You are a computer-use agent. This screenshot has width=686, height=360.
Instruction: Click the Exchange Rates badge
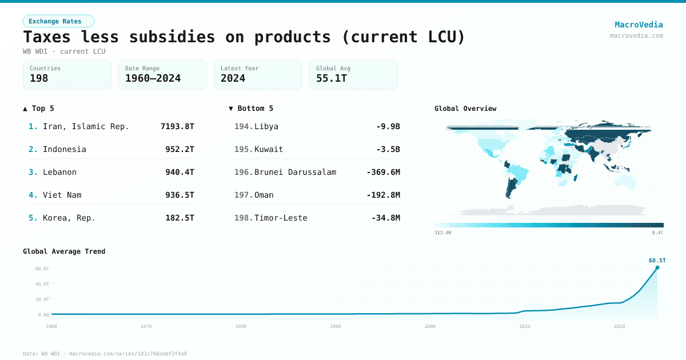[58, 21]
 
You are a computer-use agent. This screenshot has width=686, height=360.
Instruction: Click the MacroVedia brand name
[639, 25]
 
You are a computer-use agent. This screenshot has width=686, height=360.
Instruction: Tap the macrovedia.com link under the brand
[636, 35]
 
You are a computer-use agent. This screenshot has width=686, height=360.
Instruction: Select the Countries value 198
[39, 78]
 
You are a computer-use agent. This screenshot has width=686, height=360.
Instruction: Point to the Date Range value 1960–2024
[153, 78]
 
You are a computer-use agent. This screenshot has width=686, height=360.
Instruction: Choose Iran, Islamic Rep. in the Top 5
[86, 126]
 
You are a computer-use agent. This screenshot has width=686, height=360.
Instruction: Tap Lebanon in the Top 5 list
[59, 172]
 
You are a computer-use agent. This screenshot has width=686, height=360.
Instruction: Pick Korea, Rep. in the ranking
[69, 218]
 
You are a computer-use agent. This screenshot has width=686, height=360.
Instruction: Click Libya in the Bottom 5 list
[266, 126]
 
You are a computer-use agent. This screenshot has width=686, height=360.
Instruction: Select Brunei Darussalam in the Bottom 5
[295, 172]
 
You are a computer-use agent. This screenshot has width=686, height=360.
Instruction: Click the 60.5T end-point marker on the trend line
[657, 267]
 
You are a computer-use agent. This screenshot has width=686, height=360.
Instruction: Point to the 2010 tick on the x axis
[524, 326]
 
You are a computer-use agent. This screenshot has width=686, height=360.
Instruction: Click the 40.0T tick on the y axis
[42, 284]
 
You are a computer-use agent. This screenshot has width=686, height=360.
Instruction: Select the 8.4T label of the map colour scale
[657, 233]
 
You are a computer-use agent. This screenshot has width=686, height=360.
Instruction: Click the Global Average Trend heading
[64, 251]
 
